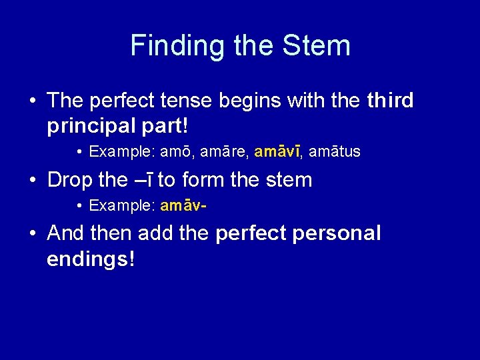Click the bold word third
(390, 101)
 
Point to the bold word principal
(90, 125)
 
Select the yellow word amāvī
(277, 152)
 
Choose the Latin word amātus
(335, 152)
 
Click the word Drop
(69, 179)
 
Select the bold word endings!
(91, 259)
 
